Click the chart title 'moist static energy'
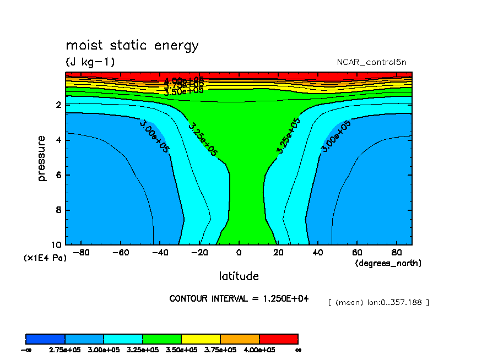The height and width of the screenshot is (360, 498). tap(132, 45)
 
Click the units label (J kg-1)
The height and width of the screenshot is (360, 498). tap(90, 62)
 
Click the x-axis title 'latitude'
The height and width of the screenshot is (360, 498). tap(239, 276)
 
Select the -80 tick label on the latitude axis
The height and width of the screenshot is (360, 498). tap(80, 253)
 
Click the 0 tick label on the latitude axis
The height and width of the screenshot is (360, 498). tap(239, 253)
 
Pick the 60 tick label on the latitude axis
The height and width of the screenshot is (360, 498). tap(356, 253)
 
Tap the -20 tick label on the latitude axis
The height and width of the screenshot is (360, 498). tap(199, 253)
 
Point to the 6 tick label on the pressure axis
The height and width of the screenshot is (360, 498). tap(58, 175)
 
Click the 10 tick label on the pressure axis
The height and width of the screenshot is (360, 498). tap(56, 245)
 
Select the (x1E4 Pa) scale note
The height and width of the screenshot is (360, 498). tap(45, 257)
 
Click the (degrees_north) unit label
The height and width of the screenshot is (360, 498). tap(388, 263)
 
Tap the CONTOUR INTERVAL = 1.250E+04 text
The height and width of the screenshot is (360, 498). tap(239, 298)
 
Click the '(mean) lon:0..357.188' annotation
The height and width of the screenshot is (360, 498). tap(378, 302)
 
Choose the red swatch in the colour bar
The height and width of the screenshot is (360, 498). tap(278, 339)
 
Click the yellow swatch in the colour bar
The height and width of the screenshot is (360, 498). tap(201, 339)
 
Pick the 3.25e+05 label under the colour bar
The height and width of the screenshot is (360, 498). tap(143, 350)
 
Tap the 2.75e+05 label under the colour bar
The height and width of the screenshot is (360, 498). tap(65, 350)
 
